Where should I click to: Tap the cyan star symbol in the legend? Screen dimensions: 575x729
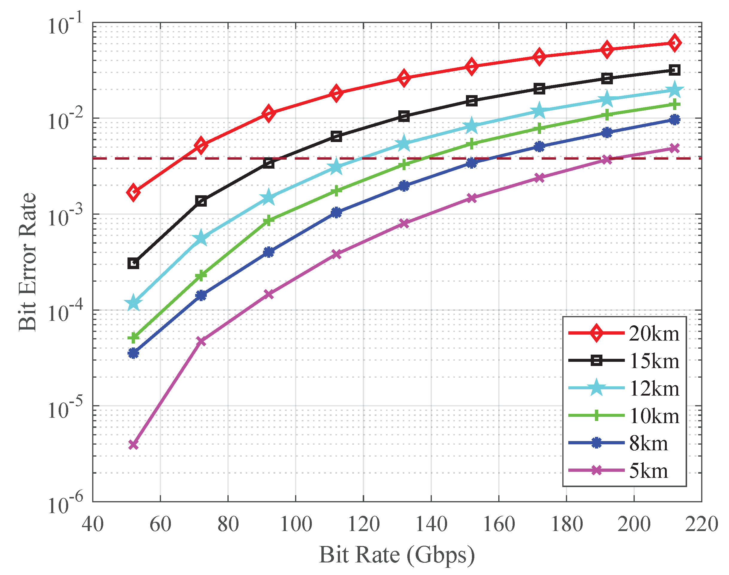pos(596,388)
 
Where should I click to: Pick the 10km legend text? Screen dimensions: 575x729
pos(654,416)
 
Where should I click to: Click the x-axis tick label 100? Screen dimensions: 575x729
pos(296,524)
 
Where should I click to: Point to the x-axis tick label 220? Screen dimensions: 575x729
pos(701,524)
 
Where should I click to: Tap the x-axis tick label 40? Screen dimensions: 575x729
pos(93,524)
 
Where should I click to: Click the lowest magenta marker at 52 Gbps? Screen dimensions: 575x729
pos(133,445)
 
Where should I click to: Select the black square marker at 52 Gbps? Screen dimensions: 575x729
pos(133,263)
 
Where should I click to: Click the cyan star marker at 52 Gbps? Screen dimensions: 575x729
pos(133,303)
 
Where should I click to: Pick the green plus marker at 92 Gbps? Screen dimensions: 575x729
pos(268,220)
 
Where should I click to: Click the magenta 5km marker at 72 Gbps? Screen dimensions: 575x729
pos(201,341)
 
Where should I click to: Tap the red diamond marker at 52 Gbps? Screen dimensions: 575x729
pos(133,192)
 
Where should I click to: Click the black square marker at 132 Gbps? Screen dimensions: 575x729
pos(404,117)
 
